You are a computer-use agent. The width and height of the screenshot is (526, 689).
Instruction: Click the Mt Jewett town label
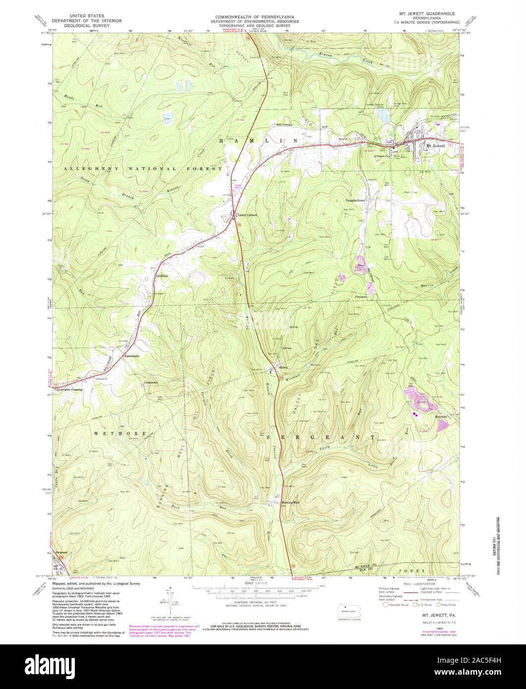coord(436,146)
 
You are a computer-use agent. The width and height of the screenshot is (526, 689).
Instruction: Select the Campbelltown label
coord(355,200)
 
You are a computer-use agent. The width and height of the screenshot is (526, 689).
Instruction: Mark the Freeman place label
coord(361,296)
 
